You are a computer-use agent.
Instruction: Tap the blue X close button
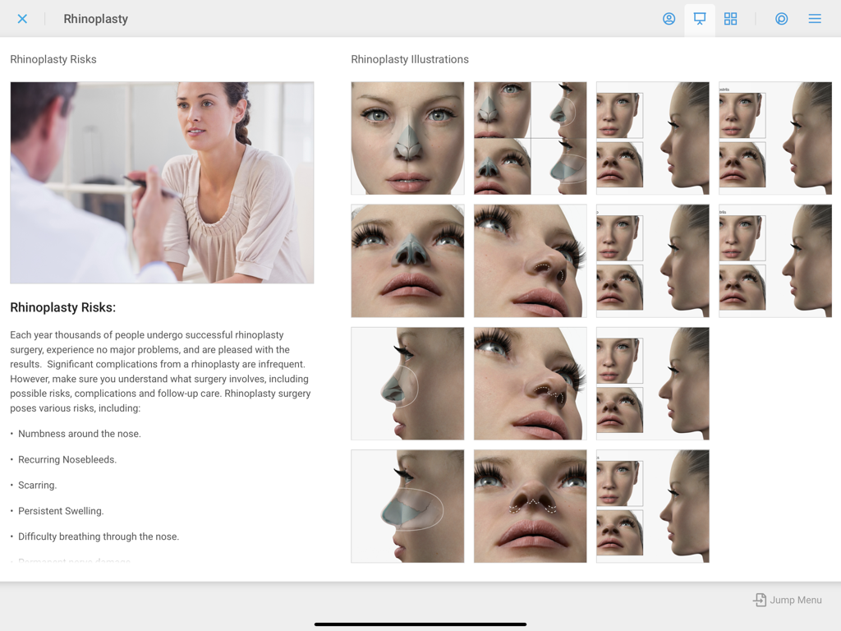(22, 19)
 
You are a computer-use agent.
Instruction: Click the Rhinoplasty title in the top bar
(95, 19)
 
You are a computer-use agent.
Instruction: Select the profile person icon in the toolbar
(669, 19)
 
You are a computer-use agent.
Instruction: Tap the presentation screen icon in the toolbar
(700, 18)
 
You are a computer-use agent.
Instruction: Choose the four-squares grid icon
(730, 19)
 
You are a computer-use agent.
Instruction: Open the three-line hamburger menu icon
(815, 19)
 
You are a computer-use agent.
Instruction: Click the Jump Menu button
(788, 600)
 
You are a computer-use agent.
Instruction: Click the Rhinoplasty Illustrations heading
(410, 59)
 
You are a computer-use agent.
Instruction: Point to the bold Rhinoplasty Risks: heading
(62, 307)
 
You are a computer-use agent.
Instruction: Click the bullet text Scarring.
(37, 485)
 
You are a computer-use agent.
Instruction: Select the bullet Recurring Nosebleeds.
(67, 459)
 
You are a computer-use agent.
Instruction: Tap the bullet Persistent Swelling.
(61, 511)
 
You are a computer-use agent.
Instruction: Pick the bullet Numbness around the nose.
(79, 434)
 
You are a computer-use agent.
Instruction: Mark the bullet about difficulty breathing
(99, 537)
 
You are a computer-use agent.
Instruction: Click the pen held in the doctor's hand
(148, 185)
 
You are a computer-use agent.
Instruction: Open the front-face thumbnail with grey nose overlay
(407, 138)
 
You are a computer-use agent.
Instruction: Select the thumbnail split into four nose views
(530, 138)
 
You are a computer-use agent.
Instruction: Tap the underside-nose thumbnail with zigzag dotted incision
(530, 506)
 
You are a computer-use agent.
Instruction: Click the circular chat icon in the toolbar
(781, 19)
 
